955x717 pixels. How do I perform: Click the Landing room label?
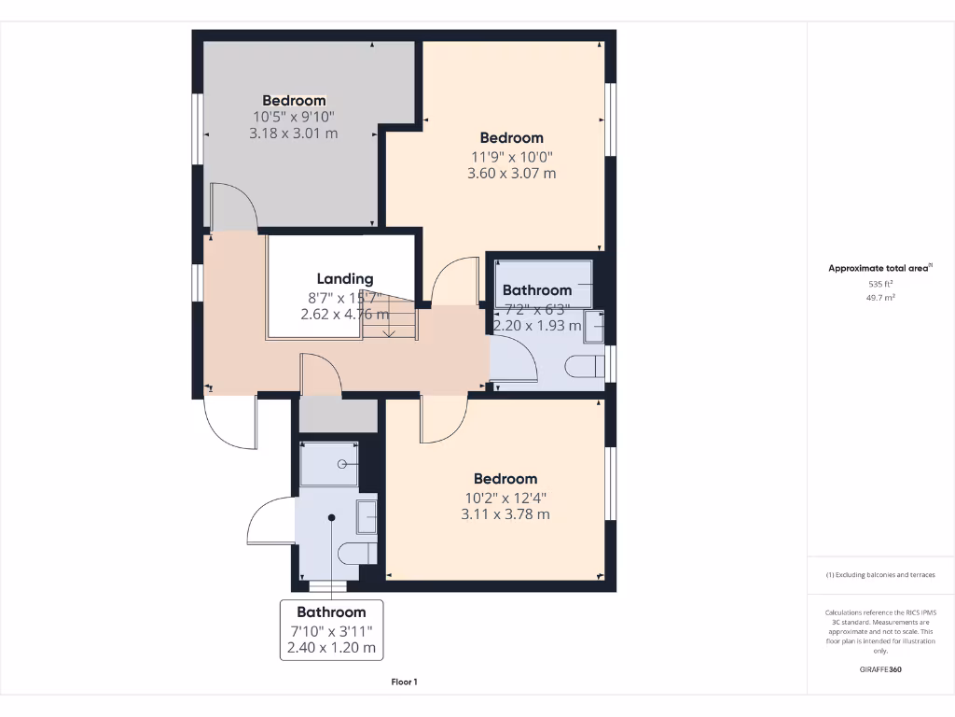point(345,278)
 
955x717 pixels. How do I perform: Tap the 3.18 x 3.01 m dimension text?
point(293,134)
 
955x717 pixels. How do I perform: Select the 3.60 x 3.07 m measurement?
point(511,173)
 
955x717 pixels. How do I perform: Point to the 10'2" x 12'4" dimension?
point(505,497)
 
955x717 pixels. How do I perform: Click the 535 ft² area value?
point(880,284)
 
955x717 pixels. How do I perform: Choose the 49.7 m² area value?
point(880,298)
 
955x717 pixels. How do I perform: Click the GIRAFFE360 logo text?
point(880,669)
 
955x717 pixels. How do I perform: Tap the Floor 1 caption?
point(404,682)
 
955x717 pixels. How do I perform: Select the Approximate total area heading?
point(879,269)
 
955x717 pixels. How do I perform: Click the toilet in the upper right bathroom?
point(585,365)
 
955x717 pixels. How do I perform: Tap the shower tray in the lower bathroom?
point(329,464)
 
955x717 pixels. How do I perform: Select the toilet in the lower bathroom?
point(356,554)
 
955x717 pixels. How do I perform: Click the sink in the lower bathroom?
point(367,516)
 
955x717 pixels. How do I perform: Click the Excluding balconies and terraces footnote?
point(880,575)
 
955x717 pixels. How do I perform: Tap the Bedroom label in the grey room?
point(294,101)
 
